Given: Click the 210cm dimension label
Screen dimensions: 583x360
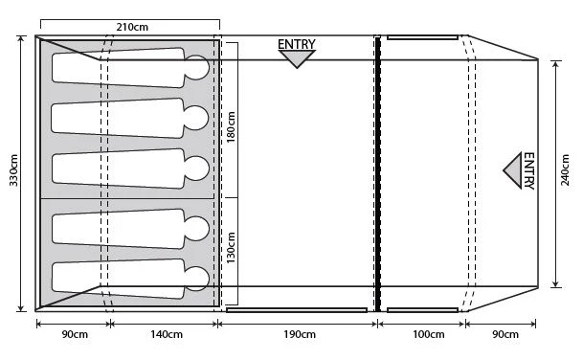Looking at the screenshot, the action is pyautogui.click(x=132, y=27).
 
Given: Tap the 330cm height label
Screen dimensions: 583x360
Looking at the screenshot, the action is pyautogui.click(x=13, y=170).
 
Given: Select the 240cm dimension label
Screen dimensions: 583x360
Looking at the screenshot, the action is pyautogui.click(x=565, y=170).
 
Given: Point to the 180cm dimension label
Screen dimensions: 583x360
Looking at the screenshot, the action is pyautogui.click(x=231, y=126).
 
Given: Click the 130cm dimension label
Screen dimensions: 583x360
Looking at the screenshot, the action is pyautogui.click(x=231, y=248).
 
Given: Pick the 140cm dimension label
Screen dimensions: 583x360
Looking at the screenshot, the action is pyautogui.click(x=167, y=334).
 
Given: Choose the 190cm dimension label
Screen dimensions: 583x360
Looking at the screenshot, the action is pyautogui.click(x=300, y=334).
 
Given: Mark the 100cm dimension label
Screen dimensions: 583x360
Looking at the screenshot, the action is pyautogui.click(x=429, y=334).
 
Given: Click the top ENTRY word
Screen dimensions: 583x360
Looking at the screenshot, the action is pyautogui.click(x=297, y=44).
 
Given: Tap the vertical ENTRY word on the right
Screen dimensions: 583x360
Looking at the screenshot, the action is pyautogui.click(x=528, y=170).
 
